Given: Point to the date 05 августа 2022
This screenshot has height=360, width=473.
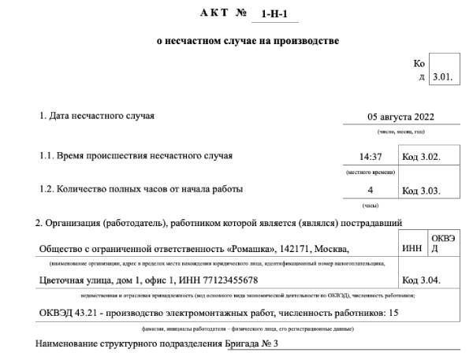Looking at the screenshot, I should pyautogui.click(x=401, y=117).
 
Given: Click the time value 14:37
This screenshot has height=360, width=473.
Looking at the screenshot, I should pyautogui.click(x=371, y=156).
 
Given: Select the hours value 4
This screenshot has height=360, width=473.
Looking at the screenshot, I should pyautogui.click(x=370, y=190).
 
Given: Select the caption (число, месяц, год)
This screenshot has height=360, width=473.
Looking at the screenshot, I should pyautogui.click(x=401, y=132).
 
